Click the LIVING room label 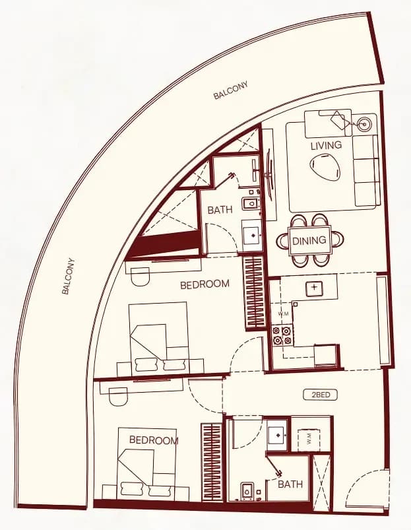tap(326, 145)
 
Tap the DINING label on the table tap(309, 240)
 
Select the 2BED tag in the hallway tap(321, 395)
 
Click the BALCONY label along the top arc tap(231, 90)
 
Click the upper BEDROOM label tap(205, 284)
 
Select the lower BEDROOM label tap(154, 440)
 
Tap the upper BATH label tap(220, 210)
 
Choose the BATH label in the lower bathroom tap(290, 484)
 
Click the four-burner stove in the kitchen tap(282, 335)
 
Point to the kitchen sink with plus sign tap(315, 288)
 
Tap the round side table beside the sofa tap(364, 123)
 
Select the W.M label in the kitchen tap(283, 314)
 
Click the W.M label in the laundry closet tap(309, 440)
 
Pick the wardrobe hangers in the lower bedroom tap(212, 462)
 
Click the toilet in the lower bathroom tap(247, 492)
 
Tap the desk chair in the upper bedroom tap(139, 277)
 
